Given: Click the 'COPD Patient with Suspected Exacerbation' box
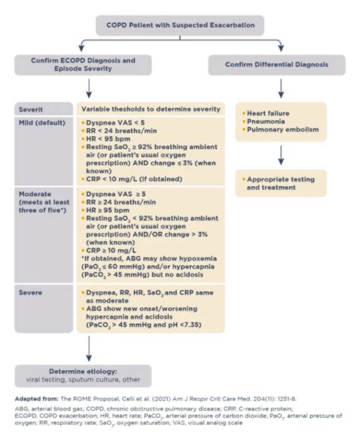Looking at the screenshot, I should click(180, 26).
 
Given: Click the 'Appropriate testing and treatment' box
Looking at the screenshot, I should click(280, 183).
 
